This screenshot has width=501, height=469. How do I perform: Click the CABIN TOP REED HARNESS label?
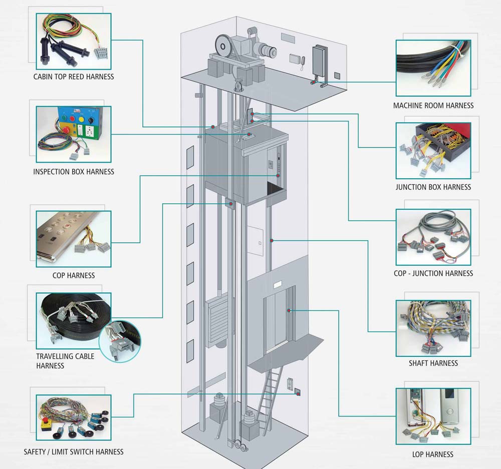(74, 77)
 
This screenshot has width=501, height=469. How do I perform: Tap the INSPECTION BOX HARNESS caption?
(74, 172)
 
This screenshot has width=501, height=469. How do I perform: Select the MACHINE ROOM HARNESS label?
(433, 106)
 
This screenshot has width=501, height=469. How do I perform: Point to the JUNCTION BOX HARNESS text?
(433, 187)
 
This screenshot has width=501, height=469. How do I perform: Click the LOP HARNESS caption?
(433, 454)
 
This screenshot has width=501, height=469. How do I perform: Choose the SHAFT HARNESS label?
(433, 363)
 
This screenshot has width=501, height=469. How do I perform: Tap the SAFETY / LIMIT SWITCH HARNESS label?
(74, 451)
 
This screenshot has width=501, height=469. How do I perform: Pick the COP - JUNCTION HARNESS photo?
(433, 237)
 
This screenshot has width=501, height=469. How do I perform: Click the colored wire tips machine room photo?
(433, 68)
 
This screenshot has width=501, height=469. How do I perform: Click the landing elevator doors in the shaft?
(276, 320)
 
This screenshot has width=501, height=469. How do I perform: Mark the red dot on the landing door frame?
(290, 311)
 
